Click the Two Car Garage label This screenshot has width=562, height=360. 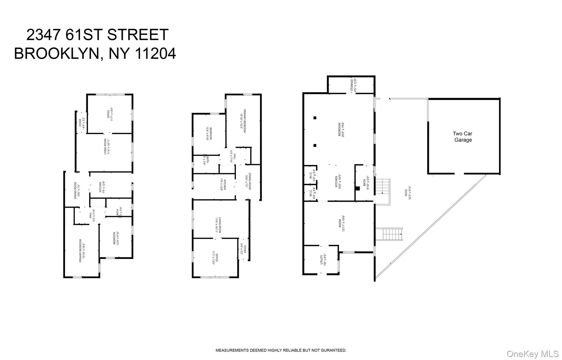[x=462, y=137]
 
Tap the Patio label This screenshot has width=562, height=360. [x=408, y=193]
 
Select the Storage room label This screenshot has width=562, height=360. [x=353, y=85]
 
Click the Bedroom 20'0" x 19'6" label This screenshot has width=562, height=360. [x=341, y=129]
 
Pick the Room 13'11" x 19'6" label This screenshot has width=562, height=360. [x=341, y=223]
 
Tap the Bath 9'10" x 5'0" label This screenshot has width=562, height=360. [x=366, y=183]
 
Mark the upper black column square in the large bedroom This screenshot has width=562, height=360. [x=315, y=118]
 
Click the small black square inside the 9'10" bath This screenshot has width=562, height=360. [x=357, y=188]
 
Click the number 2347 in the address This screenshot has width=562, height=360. [x=43, y=35]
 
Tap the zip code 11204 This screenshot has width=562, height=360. [x=156, y=53]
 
